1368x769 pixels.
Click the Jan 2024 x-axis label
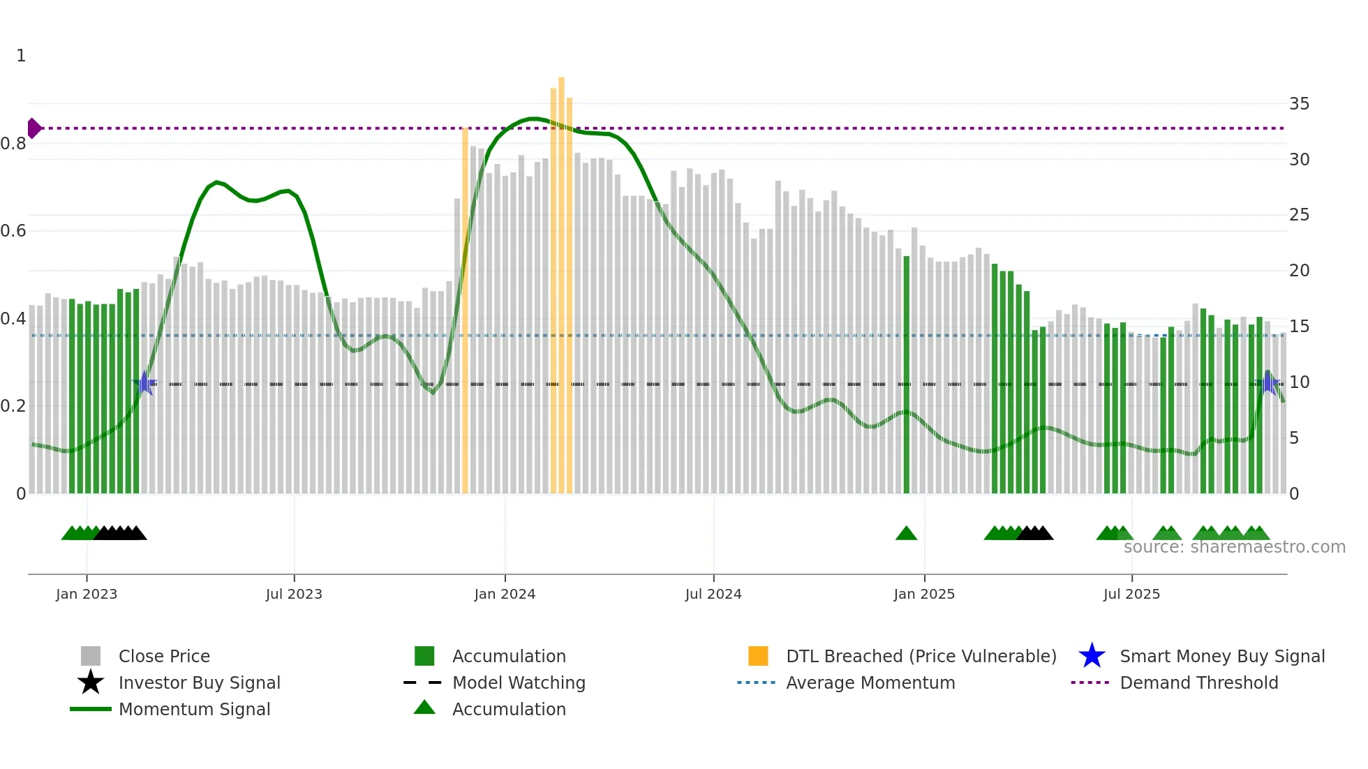pos(505,594)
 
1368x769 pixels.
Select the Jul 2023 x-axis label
pos(294,594)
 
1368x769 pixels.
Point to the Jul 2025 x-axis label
pos(1131,594)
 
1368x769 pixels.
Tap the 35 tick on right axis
pos(1299,104)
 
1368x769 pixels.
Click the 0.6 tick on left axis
pos(13,231)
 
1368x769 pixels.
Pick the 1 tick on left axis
pos(21,56)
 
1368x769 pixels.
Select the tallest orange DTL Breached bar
pos(561,279)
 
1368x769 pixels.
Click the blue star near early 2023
pos(144,383)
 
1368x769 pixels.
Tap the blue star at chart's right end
pos(1269,383)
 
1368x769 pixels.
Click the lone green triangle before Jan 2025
pos(906,534)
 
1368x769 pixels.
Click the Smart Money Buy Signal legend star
pos(1092,656)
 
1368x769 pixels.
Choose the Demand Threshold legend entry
pos(1198,682)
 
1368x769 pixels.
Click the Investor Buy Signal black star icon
pos(91,682)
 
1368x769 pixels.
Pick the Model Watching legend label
pos(519,682)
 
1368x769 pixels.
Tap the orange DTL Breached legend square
pos(758,656)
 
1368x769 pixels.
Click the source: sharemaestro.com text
pos(1234,547)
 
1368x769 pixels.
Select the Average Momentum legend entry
pos(870,682)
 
